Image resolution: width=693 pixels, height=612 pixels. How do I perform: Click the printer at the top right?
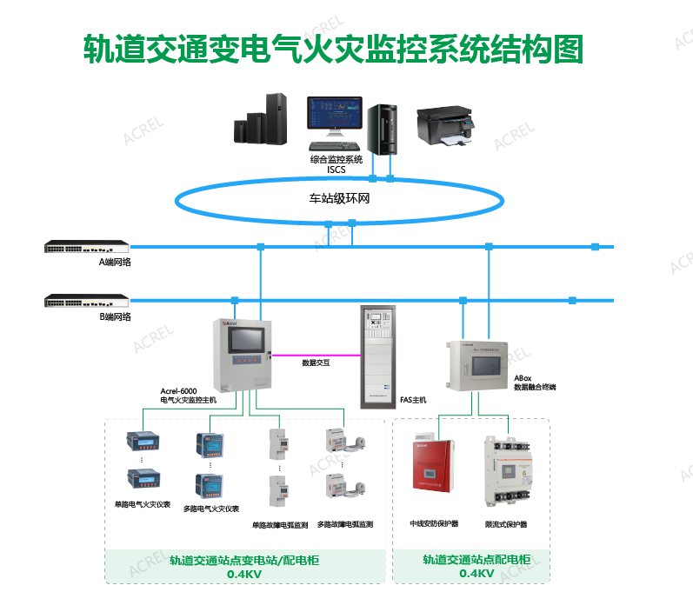(447, 126)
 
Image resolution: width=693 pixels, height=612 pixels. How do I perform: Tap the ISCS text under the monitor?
(336, 169)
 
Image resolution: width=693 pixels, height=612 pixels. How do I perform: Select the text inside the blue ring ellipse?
(339, 198)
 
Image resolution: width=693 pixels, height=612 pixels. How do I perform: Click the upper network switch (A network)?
(86, 247)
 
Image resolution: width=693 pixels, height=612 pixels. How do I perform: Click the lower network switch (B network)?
(86, 301)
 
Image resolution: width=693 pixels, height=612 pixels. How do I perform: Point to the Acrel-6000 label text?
(178, 391)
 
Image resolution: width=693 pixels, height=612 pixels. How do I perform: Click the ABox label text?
(523, 379)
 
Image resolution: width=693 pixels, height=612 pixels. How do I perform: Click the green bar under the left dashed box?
(244, 566)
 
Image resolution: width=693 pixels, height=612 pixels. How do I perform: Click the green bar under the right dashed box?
(470, 566)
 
